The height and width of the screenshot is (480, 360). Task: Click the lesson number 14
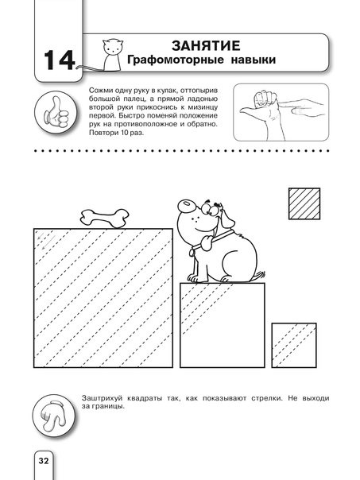pyautogui.click(x=60, y=60)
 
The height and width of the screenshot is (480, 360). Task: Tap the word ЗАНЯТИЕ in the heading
pyautogui.click(x=206, y=46)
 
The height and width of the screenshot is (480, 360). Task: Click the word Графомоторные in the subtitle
pyautogui.click(x=176, y=60)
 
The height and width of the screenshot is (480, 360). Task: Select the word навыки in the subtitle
pyautogui.click(x=254, y=60)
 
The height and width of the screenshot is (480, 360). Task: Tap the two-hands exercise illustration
pyautogui.click(x=281, y=112)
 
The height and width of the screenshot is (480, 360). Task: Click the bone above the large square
pyautogui.click(x=104, y=219)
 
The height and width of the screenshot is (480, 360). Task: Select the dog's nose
pyautogui.click(x=185, y=205)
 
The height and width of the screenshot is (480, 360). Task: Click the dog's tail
pyautogui.click(x=261, y=275)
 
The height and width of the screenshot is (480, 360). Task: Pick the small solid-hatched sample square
pyautogui.click(x=304, y=203)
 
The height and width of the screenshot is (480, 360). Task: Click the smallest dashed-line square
pyautogui.click(x=294, y=346)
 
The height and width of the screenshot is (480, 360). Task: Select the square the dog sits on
pyautogui.click(x=223, y=325)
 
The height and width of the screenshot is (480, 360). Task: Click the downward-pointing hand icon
pyautogui.click(x=53, y=416)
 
